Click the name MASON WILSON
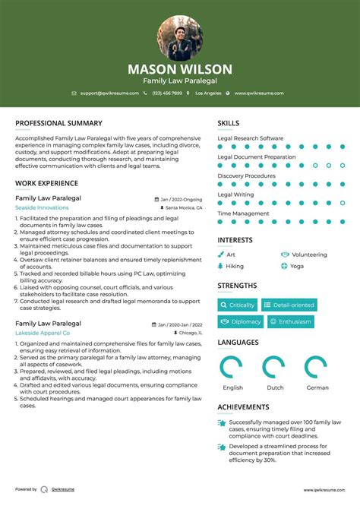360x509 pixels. (180, 69)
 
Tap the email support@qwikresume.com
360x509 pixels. (109, 93)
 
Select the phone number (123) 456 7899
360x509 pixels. (166, 93)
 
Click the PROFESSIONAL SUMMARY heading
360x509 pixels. (58, 123)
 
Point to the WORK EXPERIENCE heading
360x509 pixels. (46, 183)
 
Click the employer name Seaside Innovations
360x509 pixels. (42, 207)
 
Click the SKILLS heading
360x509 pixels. (229, 123)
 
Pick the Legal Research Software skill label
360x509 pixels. (251, 138)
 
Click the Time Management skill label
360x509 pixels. (243, 213)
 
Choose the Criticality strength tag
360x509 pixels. (238, 305)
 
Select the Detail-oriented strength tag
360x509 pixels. (289, 305)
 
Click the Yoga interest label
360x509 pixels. (296, 267)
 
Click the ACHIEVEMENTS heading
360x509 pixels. (243, 407)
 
